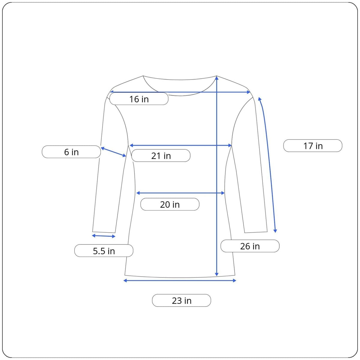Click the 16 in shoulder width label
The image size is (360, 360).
pyautogui.click(x=139, y=99)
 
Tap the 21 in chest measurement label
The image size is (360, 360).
pyautogui.click(x=161, y=156)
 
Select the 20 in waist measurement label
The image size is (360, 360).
pyautogui.click(x=169, y=204)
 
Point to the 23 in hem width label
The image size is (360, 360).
pyautogui.click(x=181, y=300)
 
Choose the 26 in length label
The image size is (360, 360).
pyautogui.click(x=250, y=246)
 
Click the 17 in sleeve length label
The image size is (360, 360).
pyautogui.click(x=313, y=146)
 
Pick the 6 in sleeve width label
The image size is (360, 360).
pyautogui.click(x=71, y=152)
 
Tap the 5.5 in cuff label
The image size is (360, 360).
pyautogui.click(x=104, y=251)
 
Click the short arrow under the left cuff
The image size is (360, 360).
pyautogui.click(x=104, y=236)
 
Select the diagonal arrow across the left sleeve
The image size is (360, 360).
pyautogui.click(x=113, y=152)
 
